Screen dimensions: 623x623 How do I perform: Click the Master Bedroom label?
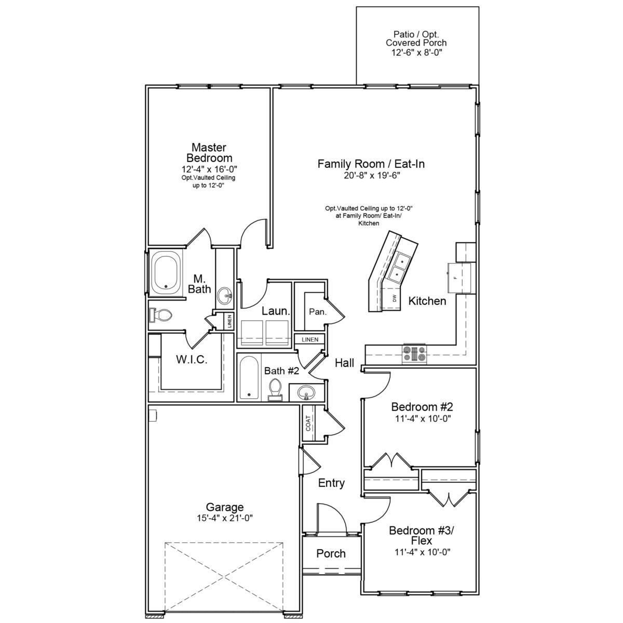pyautogui.click(x=210, y=153)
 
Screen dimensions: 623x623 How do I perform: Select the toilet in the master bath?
pyautogui.click(x=160, y=315)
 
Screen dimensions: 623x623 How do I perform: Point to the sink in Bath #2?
pyautogui.click(x=305, y=393)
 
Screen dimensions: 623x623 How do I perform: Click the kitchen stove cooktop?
pyautogui.click(x=414, y=354)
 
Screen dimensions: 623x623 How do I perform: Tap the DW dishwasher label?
pyautogui.click(x=395, y=299)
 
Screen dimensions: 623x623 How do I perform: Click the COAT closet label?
pyautogui.click(x=308, y=423)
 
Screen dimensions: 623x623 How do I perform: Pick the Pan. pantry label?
pyautogui.click(x=318, y=311)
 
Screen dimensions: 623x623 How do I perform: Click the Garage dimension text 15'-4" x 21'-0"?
pyautogui.click(x=225, y=518)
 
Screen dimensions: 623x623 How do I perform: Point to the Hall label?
pyautogui.click(x=344, y=363)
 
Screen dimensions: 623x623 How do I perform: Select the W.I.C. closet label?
pyautogui.click(x=192, y=359)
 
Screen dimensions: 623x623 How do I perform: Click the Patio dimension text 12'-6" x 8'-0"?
pyautogui.click(x=417, y=53)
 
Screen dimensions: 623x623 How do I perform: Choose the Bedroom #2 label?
pyautogui.click(x=422, y=407)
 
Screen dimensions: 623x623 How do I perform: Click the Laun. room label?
pyautogui.click(x=276, y=311)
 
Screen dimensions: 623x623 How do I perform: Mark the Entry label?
pyautogui.click(x=331, y=483)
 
